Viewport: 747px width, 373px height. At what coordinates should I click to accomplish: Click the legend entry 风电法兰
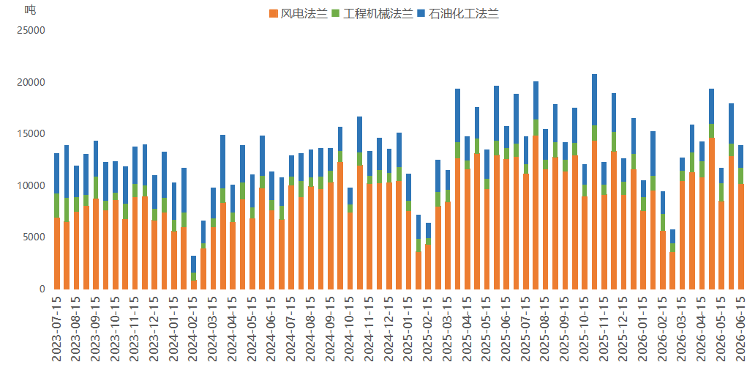tap(299, 13)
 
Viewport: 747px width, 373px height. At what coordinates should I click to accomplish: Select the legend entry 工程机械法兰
tap(372, 13)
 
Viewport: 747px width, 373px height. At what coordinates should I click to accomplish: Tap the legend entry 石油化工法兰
tap(458, 13)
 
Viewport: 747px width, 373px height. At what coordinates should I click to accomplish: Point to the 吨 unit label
tap(30, 10)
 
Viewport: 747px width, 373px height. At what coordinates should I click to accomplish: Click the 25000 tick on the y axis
tap(31, 31)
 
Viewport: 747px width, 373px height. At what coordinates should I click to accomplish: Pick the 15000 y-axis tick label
tap(31, 134)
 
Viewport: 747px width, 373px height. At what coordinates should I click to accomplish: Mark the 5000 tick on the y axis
tap(34, 237)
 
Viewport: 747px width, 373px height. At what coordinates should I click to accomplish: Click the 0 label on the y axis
tap(42, 289)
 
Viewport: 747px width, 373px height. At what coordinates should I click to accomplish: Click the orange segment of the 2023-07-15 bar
tap(57, 254)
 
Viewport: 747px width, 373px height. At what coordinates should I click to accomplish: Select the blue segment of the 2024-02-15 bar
tap(194, 265)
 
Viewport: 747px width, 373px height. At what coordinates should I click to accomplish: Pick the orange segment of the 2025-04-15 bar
tap(468, 229)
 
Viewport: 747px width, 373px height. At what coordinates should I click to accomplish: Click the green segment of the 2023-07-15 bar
tap(57, 206)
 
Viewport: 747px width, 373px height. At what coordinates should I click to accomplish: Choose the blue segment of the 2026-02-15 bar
tap(663, 203)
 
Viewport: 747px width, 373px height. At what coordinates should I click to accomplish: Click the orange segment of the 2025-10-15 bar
tap(585, 243)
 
